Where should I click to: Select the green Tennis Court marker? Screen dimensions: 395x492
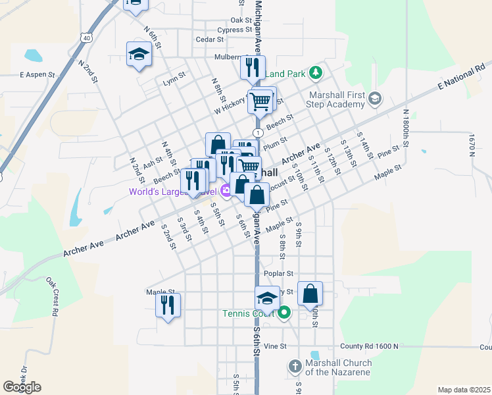pyautogui.click(x=284, y=313)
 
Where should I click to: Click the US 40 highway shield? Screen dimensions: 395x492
pyautogui.click(x=87, y=38)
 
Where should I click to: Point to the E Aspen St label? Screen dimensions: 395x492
pyautogui.click(x=37, y=75)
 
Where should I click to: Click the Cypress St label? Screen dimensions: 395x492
pyautogui.click(x=230, y=30)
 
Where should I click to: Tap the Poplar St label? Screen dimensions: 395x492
pyautogui.click(x=277, y=273)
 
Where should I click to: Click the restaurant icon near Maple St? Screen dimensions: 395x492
pyautogui.click(x=168, y=304)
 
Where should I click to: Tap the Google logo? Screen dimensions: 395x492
pyautogui.click(x=22, y=387)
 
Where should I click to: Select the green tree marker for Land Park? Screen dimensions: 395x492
pyautogui.click(x=316, y=71)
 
